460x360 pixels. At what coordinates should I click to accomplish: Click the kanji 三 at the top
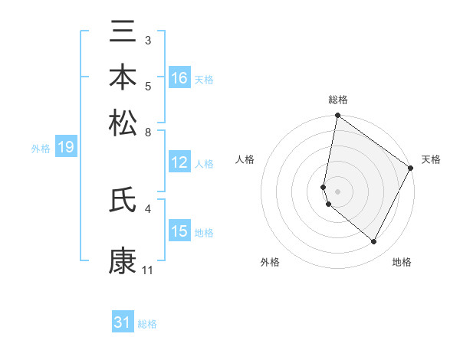123,33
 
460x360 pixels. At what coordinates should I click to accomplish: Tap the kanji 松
123,123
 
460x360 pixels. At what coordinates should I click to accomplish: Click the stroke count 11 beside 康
148,270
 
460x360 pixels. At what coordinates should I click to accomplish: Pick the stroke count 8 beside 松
148,132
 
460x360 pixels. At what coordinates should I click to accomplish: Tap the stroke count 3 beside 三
148,40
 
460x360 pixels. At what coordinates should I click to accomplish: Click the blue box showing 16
179,78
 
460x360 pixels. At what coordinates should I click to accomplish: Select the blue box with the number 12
179,162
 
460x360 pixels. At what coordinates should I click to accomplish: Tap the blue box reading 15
179,231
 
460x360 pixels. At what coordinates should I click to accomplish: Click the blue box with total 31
123,323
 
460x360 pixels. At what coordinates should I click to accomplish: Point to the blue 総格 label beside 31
147,324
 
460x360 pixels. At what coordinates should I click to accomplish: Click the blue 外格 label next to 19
40,149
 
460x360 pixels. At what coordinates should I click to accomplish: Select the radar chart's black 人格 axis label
245,159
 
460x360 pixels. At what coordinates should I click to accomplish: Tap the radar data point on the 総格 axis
337,116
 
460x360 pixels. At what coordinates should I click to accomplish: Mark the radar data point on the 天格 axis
411,169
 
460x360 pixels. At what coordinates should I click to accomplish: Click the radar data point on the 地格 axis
374,242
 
